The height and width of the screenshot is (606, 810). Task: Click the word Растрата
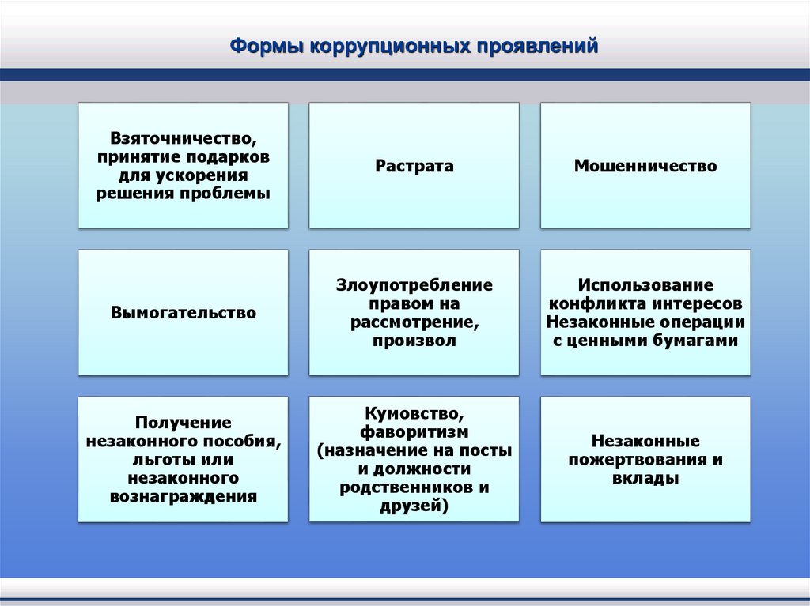(414, 166)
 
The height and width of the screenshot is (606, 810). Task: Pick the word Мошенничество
(645, 166)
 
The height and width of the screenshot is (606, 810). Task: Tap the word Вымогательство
(184, 313)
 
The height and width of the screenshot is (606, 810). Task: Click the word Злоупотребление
(414, 284)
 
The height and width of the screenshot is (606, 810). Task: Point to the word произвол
(414, 341)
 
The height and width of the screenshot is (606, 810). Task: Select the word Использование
(645, 284)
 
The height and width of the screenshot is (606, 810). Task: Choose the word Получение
(183, 423)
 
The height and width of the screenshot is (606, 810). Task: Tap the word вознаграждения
(184, 497)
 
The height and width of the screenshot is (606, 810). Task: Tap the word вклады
(645, 479)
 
